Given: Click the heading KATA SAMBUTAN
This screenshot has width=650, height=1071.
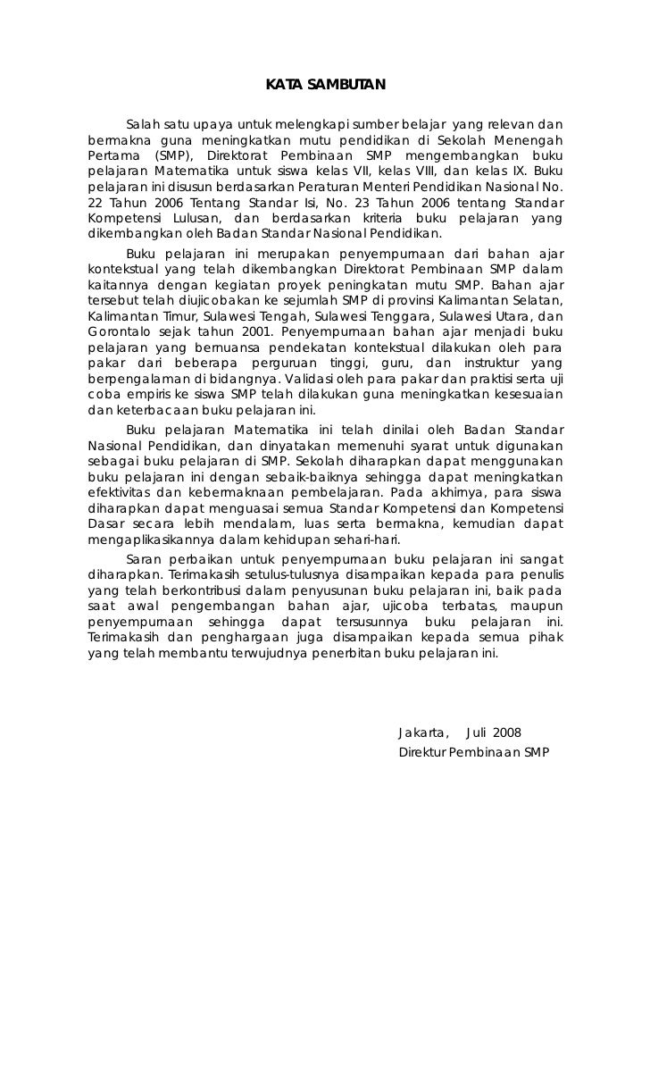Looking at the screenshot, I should click(x=325, y=86).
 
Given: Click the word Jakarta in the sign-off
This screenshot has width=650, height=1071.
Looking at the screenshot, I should click(x=423, y=733).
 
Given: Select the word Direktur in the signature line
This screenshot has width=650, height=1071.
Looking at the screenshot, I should click(x=421, y=752).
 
